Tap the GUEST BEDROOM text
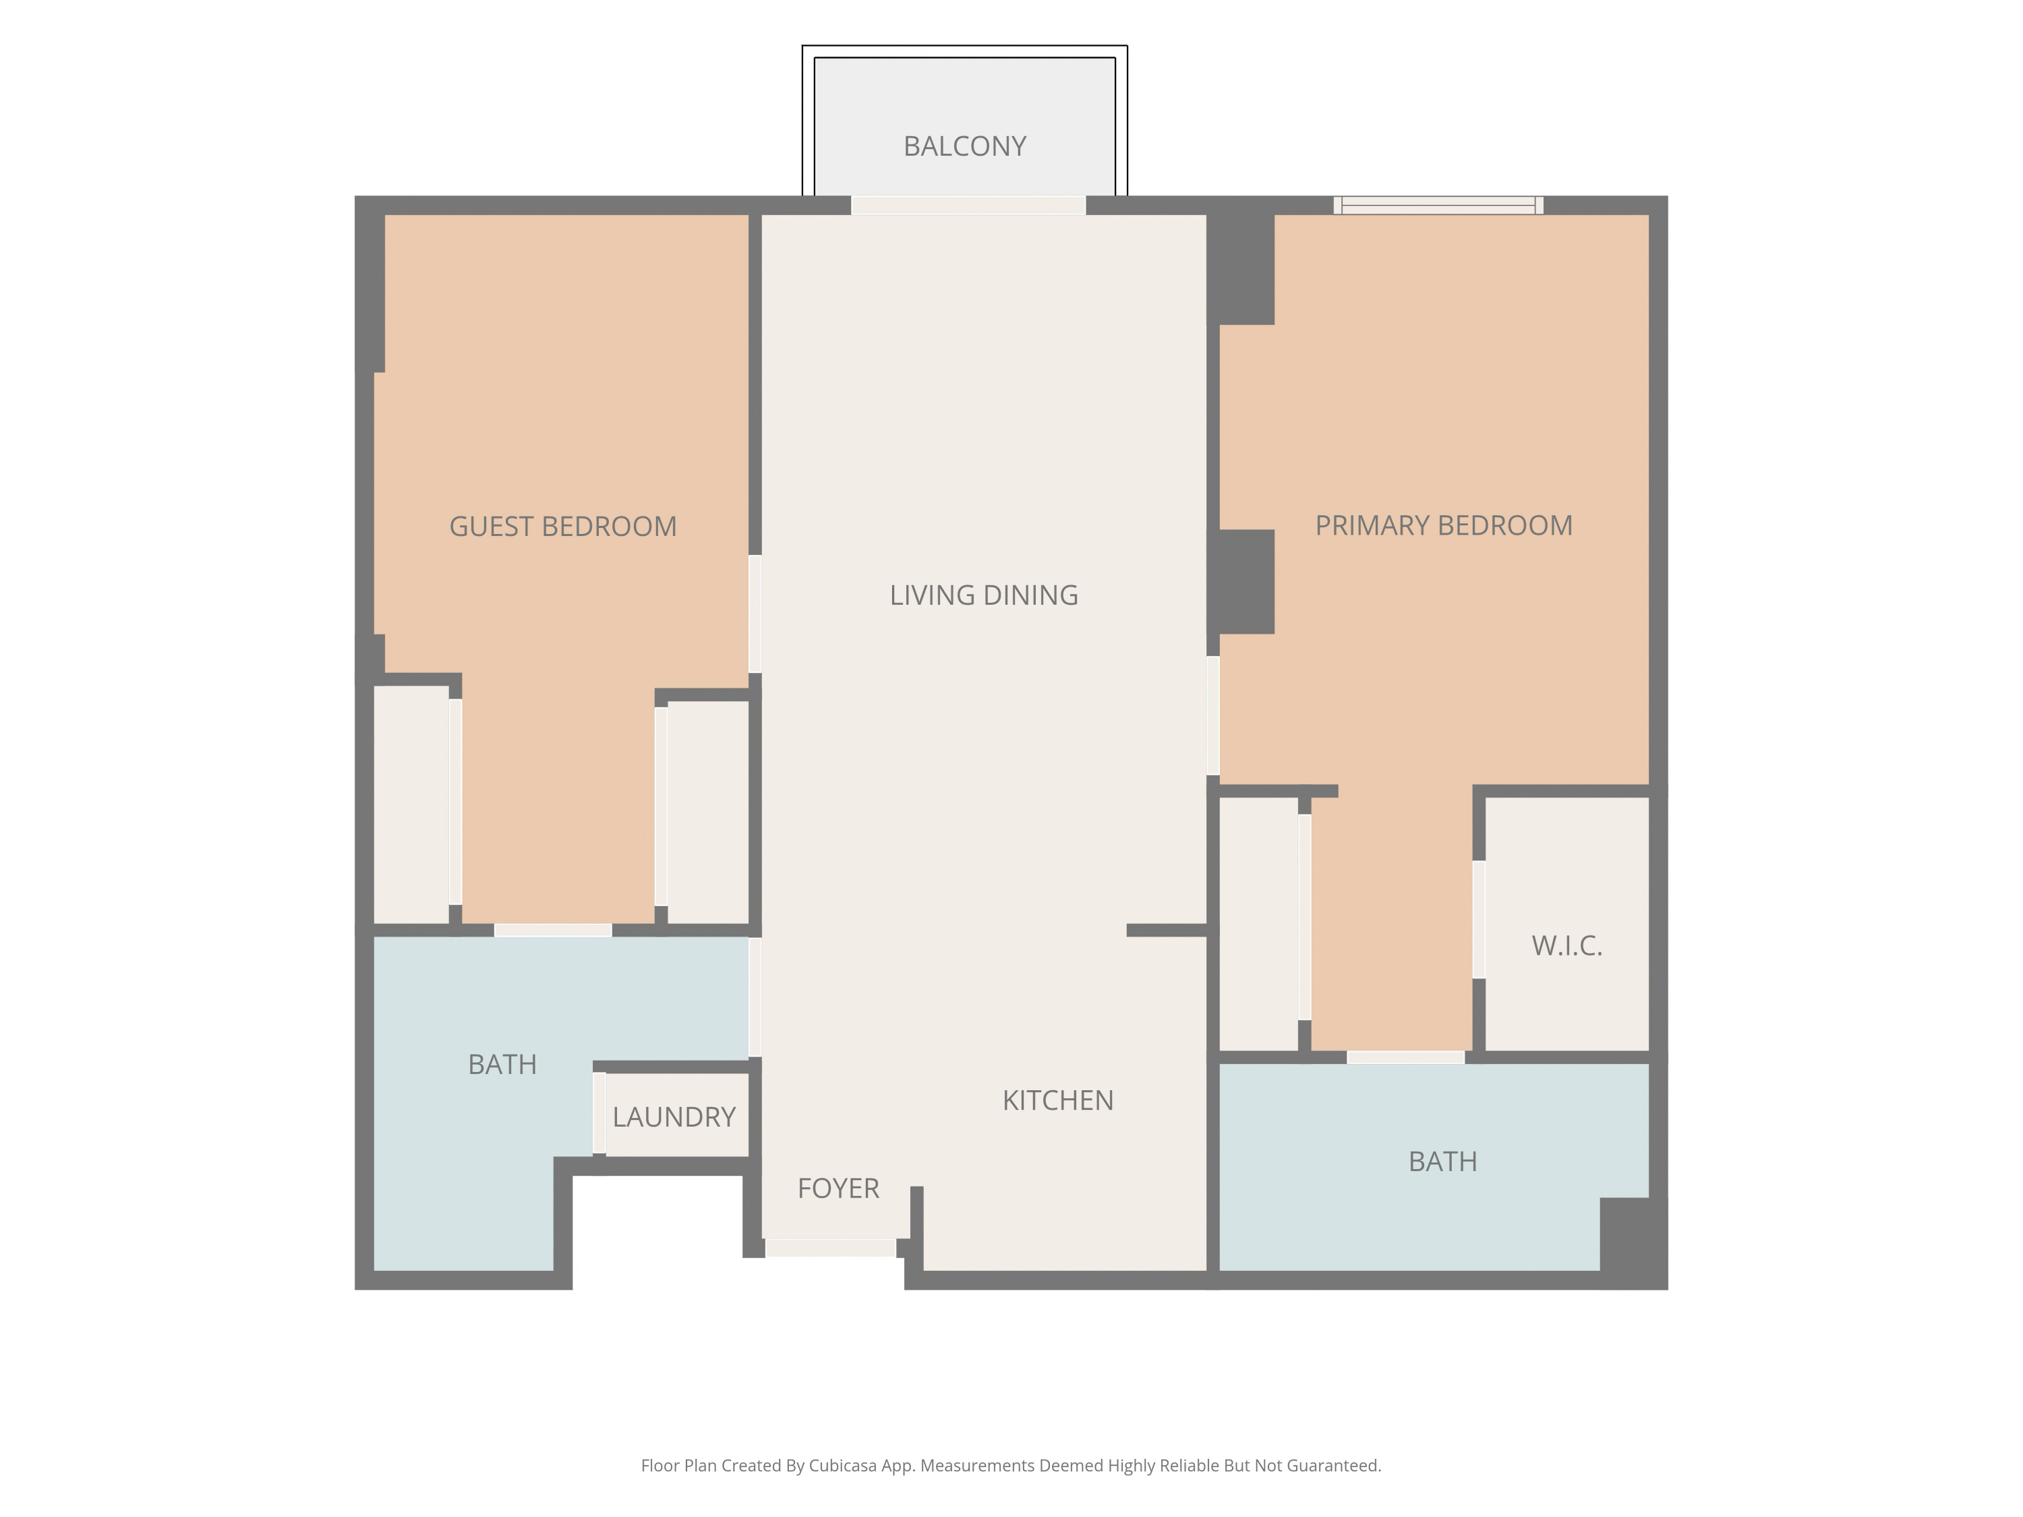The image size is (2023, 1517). [x=562, y=527]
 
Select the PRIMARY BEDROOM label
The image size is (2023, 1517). [x=1443, y=526]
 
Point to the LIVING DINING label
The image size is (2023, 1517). [x=983, y=595]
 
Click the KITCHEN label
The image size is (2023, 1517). [x=1057, y=1100]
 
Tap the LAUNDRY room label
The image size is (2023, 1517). [x=674, y=1117]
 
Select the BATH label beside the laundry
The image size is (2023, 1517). [x=502, y=1065]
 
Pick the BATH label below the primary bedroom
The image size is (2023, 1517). [x=1442, y=1161]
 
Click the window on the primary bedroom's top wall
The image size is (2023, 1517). [x=1438, y=206]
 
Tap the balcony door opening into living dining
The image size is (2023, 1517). [x=968, y=206]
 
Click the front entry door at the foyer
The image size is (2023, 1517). [x=830, y=1248]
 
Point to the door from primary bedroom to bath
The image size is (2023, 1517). [x=1406, y=1057]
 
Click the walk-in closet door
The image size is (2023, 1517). [x=1479, y=919]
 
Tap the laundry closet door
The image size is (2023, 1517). [x=599, y=1113]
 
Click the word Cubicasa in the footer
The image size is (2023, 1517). [x=842, y=1466]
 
